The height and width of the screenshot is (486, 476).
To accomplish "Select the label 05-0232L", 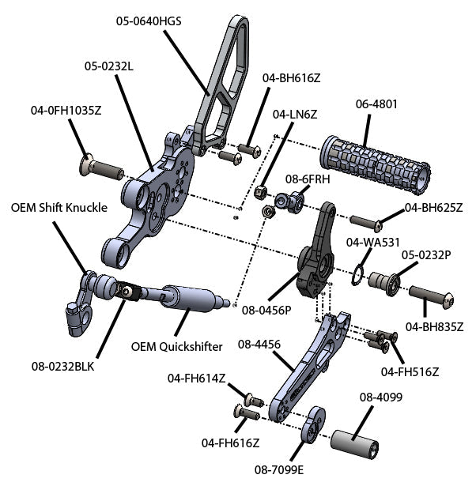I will point(109,67).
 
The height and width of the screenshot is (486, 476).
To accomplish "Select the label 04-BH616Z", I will point(291,77).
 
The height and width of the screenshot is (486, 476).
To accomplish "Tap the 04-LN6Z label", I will point(295,114).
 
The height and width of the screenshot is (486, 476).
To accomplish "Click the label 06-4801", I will point(376,103).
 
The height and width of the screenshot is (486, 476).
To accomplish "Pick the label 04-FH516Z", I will point(410,371).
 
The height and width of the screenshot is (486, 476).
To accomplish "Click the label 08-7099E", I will point(279,469).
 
